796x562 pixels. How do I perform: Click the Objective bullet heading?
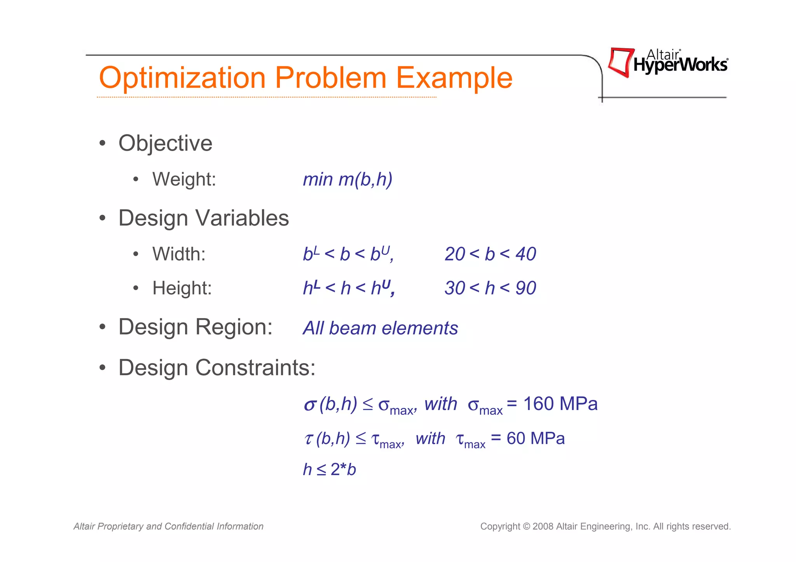click(x=165, y=143)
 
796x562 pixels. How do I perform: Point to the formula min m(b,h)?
click(x=347, y=179)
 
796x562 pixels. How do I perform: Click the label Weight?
click(x=184, y=179)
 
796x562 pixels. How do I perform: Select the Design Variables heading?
click(x=203, y=218)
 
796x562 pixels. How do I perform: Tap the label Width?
click(x=179, y=254)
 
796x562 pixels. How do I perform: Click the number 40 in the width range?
click(x=526, y=254)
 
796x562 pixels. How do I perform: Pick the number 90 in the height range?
click(x=526, y=288)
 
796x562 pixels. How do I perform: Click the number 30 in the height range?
click(x=455, y=288)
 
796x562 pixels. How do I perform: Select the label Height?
click(x=182, y=288)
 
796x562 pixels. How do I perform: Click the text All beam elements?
click(x=380, y=328)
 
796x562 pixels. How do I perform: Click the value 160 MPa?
click(x=560, y=404)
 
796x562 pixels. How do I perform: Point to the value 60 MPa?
click(x=535, y=438)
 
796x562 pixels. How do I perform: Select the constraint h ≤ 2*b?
click(x=329, y=470)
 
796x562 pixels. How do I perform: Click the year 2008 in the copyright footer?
click(x=543, y=527)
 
